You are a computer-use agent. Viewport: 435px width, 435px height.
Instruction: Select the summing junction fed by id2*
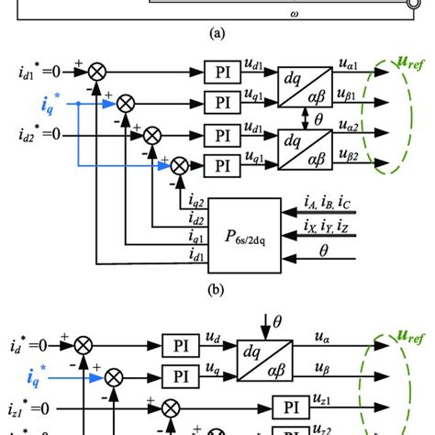tap(144, 136)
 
